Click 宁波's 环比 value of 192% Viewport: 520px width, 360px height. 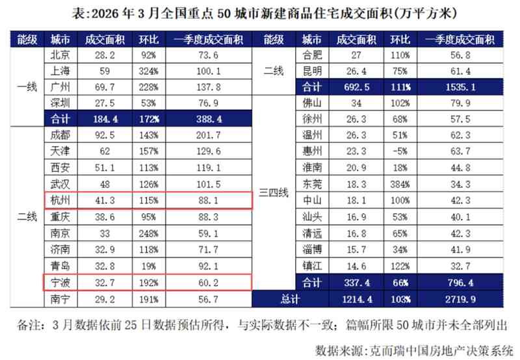[x=146, y=283]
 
